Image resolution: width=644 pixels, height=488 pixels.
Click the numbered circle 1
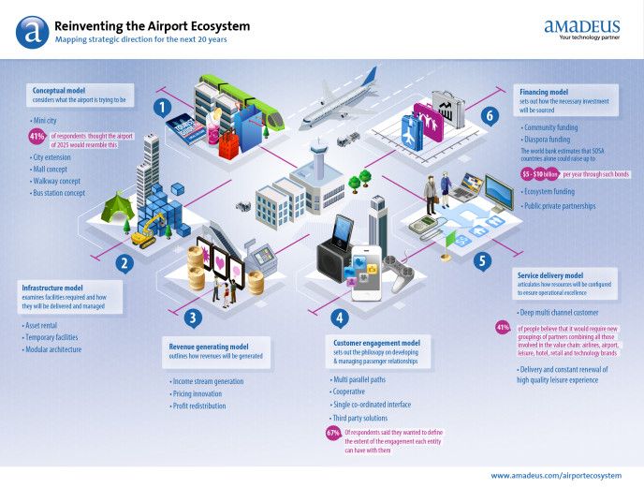click(x=162, y=108)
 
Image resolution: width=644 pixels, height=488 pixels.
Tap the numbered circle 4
click(x=340, y=317)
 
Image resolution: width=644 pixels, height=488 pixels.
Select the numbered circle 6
click(x=488, y=115)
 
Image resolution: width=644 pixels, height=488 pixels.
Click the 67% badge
click(x=332, y=433)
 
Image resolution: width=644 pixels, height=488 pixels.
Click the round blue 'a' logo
click(x=32, y=32)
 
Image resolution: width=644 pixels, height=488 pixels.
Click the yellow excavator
click(x=148, y=236)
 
